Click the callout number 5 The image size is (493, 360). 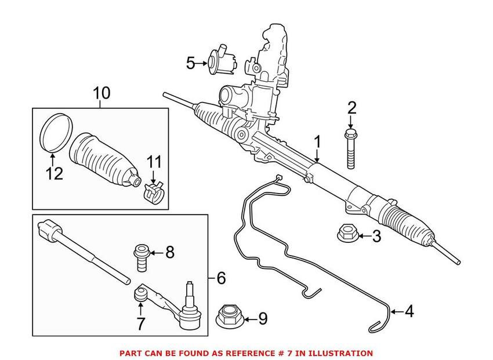(x=191, y=63)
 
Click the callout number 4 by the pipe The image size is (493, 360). (x=409, y=312)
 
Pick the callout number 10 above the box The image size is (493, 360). (x=101, y=93)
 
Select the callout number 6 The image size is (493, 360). (x=220, y=278)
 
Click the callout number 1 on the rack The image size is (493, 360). (x=317, y=141)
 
